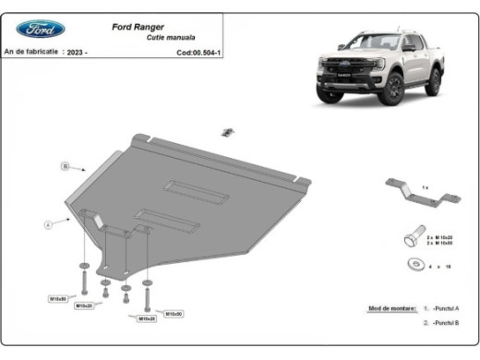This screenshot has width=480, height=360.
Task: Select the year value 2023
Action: click(x=78, y=53)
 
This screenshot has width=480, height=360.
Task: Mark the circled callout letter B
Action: click(x=66, y=166)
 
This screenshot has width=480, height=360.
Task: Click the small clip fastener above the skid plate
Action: click(x=224, y=132)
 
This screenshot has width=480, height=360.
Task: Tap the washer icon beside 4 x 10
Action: click(x=412, y=266)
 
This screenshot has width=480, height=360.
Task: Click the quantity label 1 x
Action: click(x=424, y=187)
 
